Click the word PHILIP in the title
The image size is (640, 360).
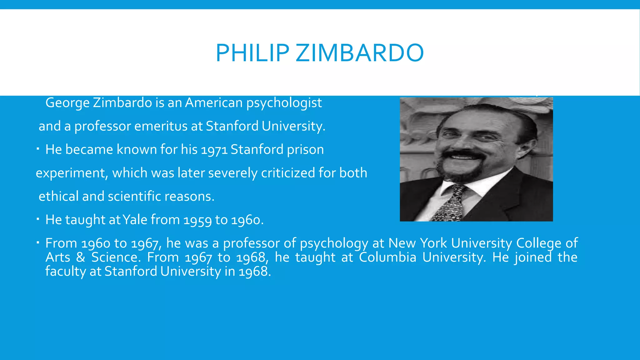coord(252,53)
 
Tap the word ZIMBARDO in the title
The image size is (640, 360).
coord(360,53)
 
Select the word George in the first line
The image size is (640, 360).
coord(67,103)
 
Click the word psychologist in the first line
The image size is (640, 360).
coord(284,103)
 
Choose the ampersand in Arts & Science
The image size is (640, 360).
coord(81,257)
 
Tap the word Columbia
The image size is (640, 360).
coord(387,257)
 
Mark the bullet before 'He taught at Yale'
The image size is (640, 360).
coord(37,219)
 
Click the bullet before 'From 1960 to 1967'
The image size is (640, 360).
coord(37,242)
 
